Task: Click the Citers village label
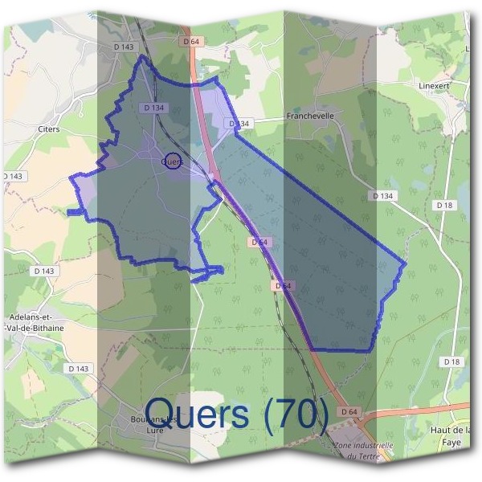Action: coord(48,128)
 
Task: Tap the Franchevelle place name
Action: coord(309,116)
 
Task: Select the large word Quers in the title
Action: coord(197,415)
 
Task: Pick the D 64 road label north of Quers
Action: coord(190,41)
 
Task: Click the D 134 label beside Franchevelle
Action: coord(239,124)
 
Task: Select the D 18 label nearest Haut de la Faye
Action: coord(452,362)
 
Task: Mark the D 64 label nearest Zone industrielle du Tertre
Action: coord(348,412)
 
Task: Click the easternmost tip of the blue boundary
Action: coord(406,263)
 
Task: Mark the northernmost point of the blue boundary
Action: coord(143,55)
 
